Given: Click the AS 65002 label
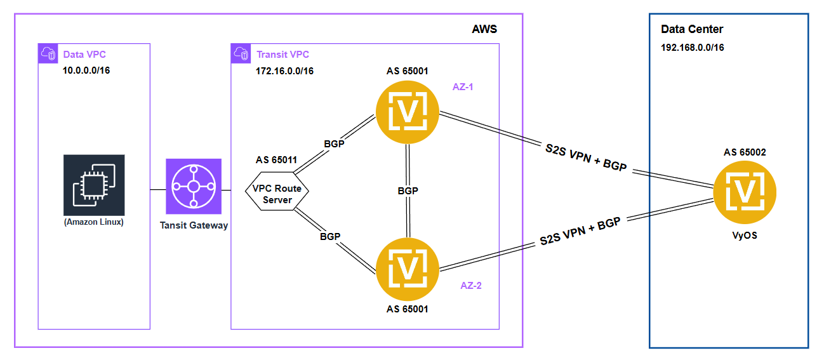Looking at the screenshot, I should tap(745, 152).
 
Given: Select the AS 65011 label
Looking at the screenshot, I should tap(276, 159).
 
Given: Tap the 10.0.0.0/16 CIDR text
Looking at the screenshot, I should tap(86, 70).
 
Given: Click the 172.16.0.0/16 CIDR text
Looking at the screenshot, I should tap(284, 70).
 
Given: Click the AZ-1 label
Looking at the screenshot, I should tap(463, 86).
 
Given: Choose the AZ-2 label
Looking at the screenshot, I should tap(471, 286).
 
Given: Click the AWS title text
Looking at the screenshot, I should tap(484, 29).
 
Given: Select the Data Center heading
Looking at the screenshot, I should tap(692, 29).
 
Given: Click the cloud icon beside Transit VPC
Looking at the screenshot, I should tap(241, 53).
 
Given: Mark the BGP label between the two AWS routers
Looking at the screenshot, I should tap(408, 190).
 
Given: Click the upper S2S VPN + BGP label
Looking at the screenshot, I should tap(585, 156).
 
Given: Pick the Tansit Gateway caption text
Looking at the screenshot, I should tap(194, 225).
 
